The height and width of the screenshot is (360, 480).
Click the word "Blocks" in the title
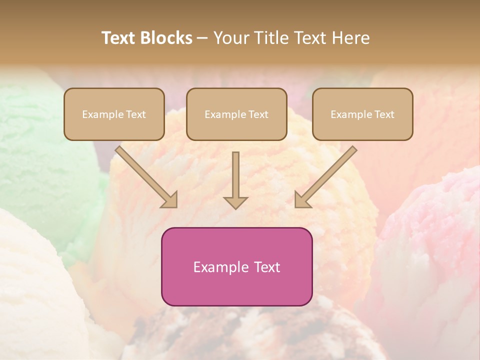166,38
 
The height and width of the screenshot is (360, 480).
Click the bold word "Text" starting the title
119,38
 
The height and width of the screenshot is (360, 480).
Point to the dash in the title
202,38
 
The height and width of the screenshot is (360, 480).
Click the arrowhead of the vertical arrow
235,202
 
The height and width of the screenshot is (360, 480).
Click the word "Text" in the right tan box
384,114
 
